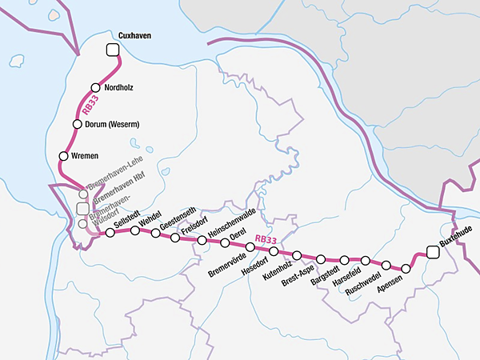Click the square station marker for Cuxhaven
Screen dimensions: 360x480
pos(113,51)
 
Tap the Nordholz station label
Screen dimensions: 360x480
pos(121,88)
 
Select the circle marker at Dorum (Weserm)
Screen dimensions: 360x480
pos(78,125)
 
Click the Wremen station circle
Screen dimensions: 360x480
pos(62,155)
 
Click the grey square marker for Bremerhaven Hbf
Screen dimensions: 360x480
pos(82,208)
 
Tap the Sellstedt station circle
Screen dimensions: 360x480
pos(110,233)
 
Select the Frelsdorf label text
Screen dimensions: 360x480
pos(194,223)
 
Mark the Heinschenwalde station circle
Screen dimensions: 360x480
pos(202,240)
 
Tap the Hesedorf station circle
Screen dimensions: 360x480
pos(274,251)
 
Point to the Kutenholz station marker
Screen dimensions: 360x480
pos(297,255)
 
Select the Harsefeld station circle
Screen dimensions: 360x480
pos(366,261)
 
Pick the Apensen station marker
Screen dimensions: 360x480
pos(406,270)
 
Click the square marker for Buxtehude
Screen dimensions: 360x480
pos(433,252)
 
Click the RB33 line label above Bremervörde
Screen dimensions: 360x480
pos(264,238)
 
